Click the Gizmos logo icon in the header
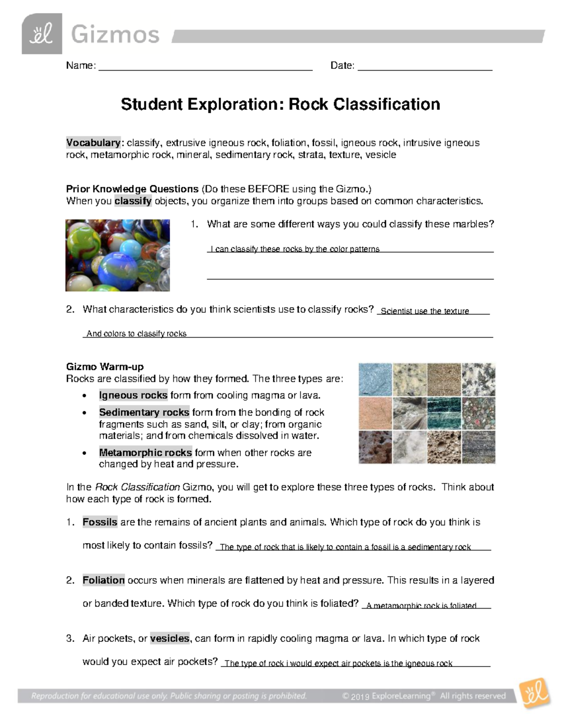(42, 34)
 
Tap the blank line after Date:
(425, 66)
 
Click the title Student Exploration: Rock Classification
(281, 104)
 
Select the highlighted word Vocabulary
(93, 143)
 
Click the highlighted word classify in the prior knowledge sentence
(133, 201)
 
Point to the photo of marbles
(118, 255)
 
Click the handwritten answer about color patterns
(295, 249)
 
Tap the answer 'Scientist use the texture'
(425, 311)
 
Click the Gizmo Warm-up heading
(105, 367)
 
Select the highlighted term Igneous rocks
(133, 395)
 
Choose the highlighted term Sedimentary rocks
(144, 412)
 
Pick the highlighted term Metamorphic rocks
(145, 453)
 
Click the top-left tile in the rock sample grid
(375, 380)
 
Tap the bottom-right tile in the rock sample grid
(478, 447)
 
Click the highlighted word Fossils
(100, 522)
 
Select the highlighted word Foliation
(104, 580)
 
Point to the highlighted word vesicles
(170, 639)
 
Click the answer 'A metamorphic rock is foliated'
(421, 606)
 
